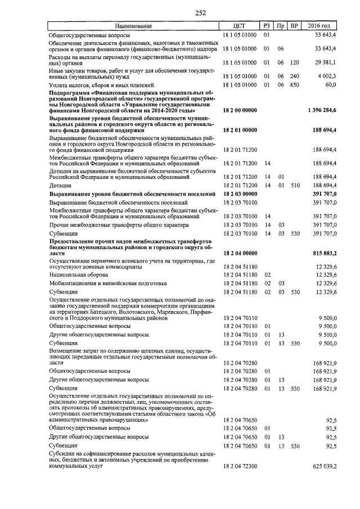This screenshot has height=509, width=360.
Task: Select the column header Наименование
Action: click(134, 26)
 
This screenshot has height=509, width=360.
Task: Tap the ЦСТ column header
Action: click(240, 26)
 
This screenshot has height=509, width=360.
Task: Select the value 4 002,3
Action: click(327, 76)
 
